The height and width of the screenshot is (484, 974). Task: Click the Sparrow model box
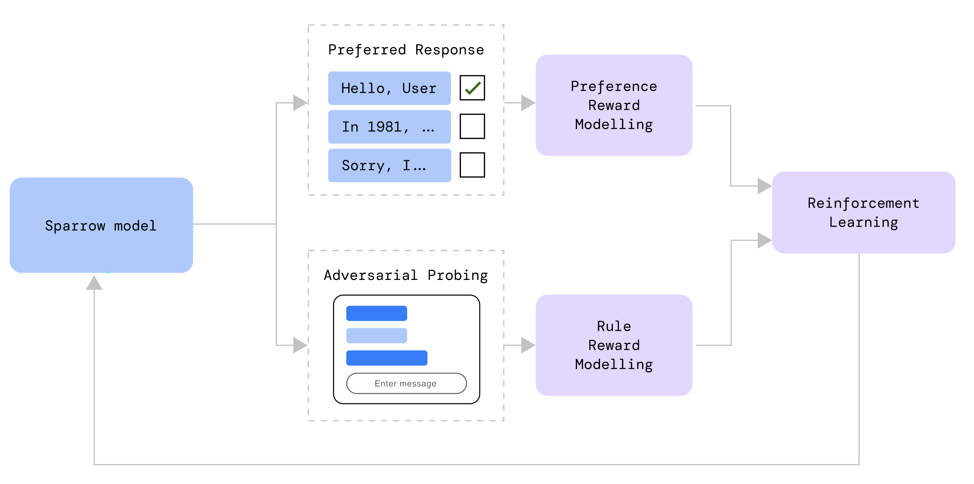click(x=101, y=225)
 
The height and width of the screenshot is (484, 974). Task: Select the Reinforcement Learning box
click(x=863, y=213)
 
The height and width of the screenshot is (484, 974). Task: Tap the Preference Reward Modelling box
click(x=614, y=105)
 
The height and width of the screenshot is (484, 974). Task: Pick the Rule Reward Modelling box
click(x=614, y=345)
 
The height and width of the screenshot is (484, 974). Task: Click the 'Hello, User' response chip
click(x=389, y=88)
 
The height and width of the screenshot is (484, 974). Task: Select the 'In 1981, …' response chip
click(x=389, y=127)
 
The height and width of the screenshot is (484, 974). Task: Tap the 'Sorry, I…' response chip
click(x=389, y=165)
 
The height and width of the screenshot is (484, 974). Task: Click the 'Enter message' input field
click(x=406, y=383)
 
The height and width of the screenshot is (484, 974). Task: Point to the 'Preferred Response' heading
click(x=406, y=50)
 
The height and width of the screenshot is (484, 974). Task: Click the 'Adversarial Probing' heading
click(x=406, y=275)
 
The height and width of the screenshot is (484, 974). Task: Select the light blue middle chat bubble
click(x=376, y=335)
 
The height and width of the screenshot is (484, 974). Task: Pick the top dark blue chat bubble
click(x=376, y=313)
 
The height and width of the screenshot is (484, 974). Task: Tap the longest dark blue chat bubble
click(x=386, y=358)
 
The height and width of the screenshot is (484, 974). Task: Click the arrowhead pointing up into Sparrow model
click(x=94, y=283)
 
